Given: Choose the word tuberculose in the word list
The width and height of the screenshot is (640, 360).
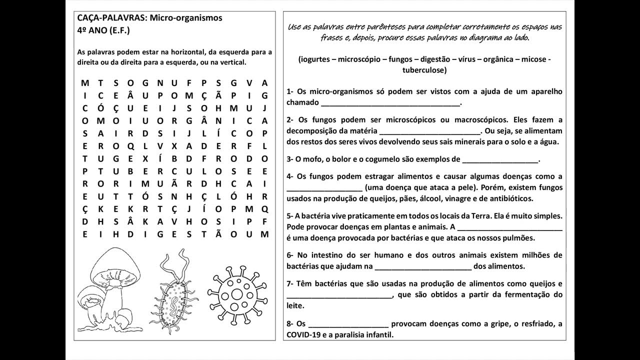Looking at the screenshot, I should pos(423,70).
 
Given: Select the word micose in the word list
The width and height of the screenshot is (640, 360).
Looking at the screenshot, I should pos(532,59).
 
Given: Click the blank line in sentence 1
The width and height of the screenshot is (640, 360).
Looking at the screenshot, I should pos(390,104).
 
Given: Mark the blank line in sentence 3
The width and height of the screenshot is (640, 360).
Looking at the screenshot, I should pos(500,161).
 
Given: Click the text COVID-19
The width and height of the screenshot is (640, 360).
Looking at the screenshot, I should pos(303,335).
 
